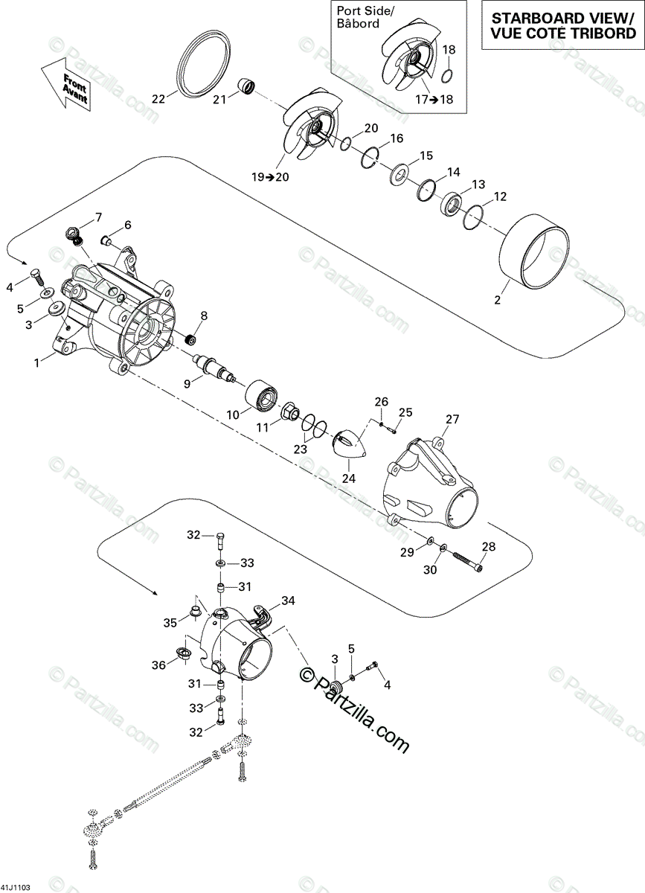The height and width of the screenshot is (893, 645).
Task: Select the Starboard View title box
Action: tap(558, 25)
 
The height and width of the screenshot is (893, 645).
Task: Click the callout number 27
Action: tap(452, 419)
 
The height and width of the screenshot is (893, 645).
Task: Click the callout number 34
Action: tap(288, 600)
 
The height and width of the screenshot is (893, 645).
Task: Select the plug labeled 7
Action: tap(74, 234)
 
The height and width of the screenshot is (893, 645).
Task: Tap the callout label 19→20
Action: tap(270, 178)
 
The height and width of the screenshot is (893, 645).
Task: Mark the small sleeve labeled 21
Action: tap(247, 88)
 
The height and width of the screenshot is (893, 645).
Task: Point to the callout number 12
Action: tap(500, 196)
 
